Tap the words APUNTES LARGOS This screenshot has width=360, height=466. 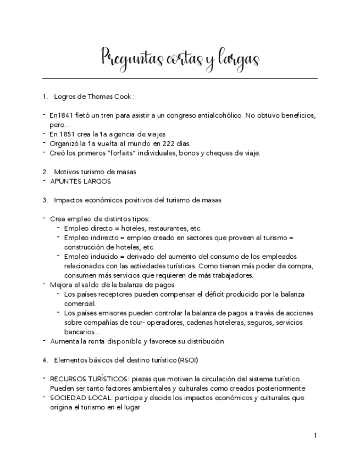click(80, 181)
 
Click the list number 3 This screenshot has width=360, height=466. click(45, 200)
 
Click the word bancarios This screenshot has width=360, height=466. click(80, 332)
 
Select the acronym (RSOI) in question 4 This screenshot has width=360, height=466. click(188, 360)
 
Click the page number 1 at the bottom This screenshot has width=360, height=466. click(315, 436)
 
